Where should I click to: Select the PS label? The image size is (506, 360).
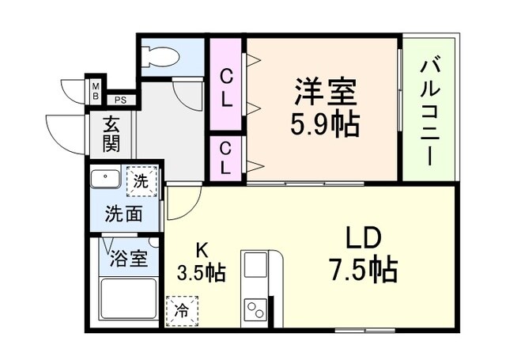tap(120, 100)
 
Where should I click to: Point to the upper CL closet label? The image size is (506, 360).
tap(226, 89)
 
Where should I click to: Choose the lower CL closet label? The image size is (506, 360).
tap(226, 158)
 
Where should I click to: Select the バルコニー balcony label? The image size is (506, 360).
tap(430, 111)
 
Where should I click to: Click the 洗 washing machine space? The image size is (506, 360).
tap(141, 180)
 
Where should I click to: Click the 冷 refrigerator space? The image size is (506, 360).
tap(183, 309)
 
